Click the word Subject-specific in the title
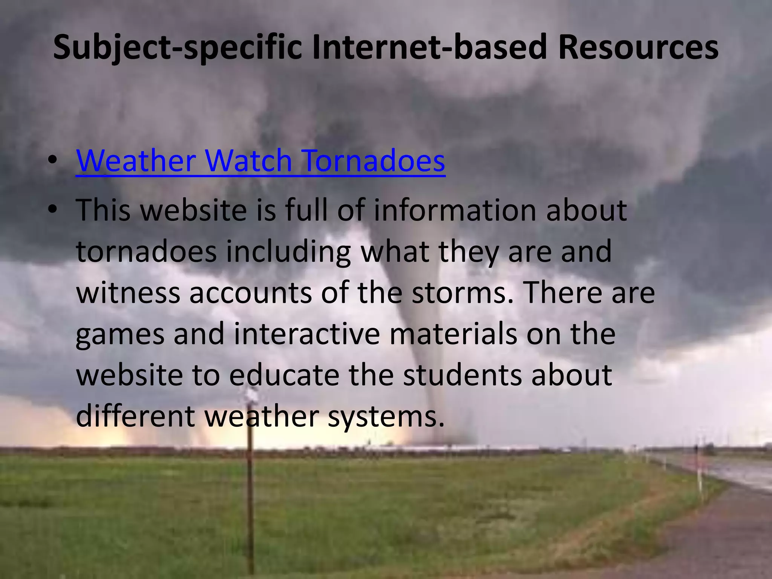pos(177,48)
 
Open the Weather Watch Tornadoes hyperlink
pos(260,161)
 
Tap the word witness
pos(128,293)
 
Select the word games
pos(120,335)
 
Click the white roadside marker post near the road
pos(700,475)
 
